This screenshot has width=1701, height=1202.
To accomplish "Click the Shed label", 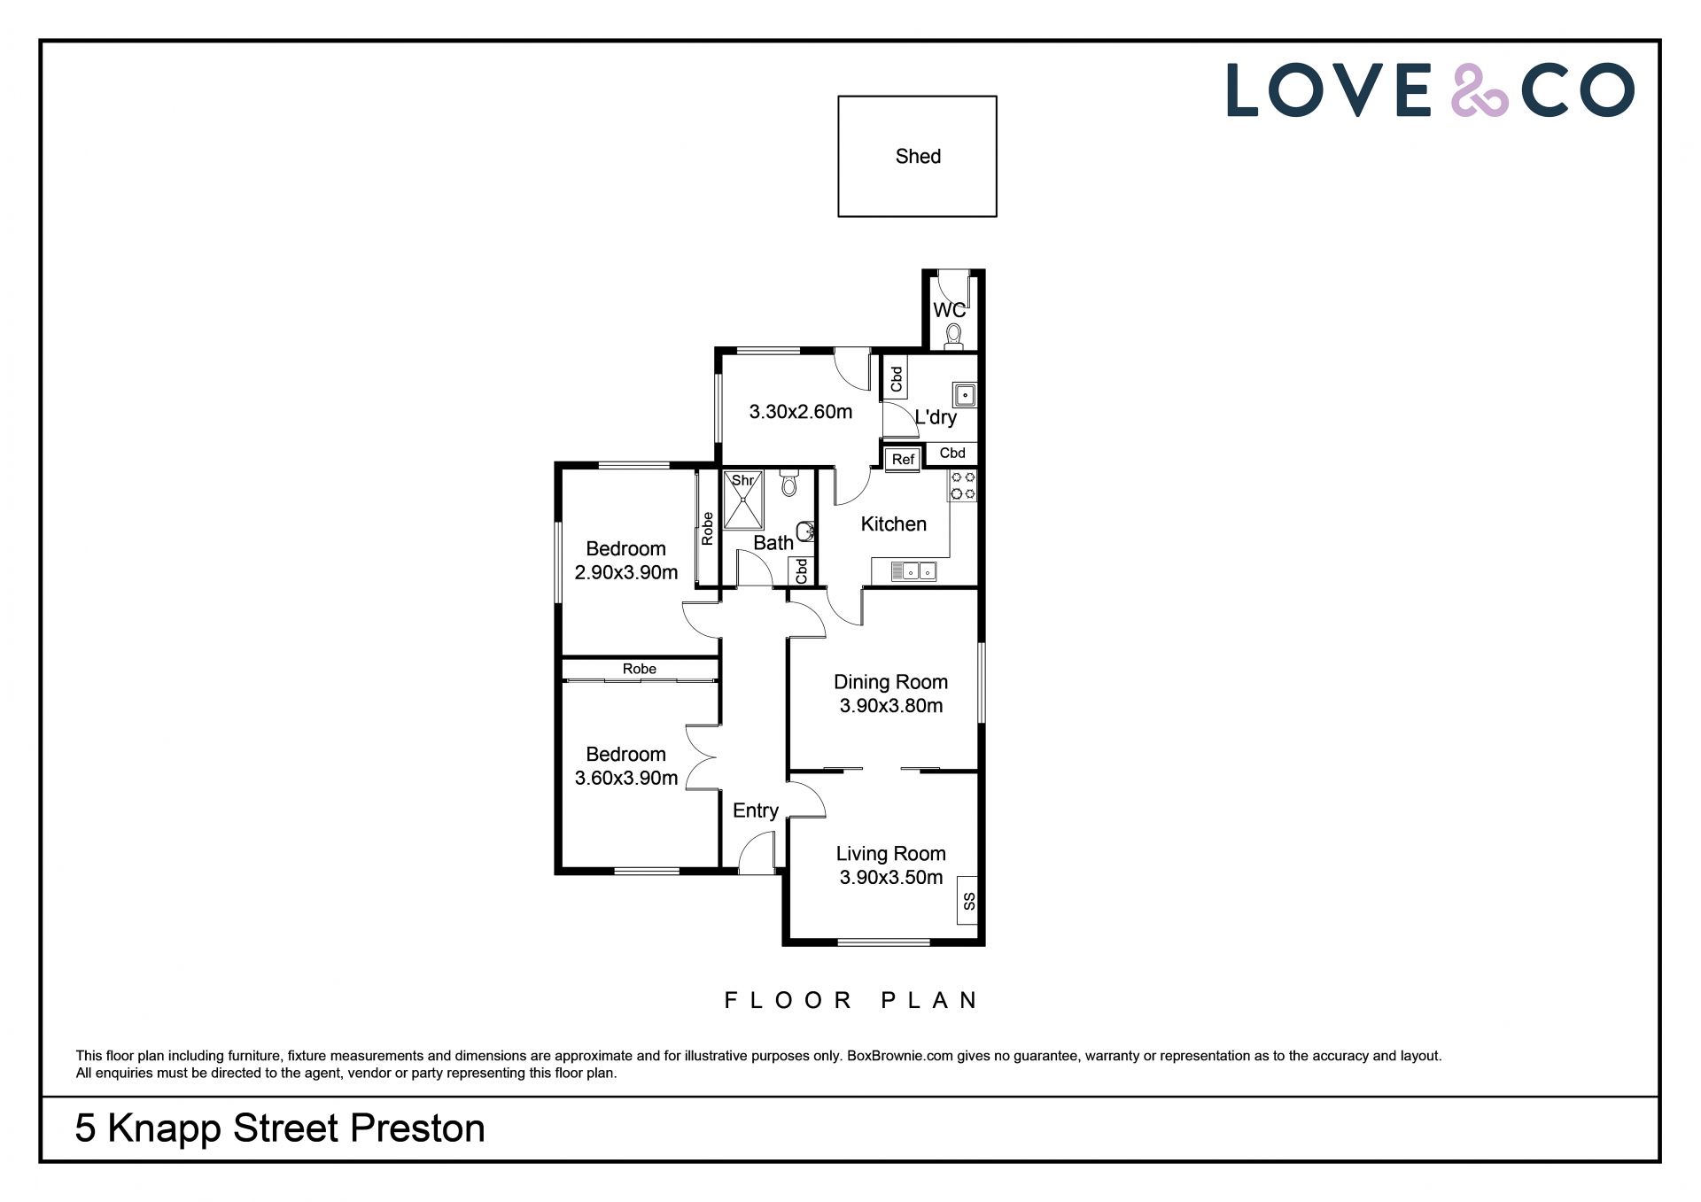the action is (918, 157).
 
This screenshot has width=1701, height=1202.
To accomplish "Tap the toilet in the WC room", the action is (953, 337).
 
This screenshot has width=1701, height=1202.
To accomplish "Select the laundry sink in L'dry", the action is (964, 394).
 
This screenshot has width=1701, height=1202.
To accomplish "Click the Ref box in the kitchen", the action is (903, 459).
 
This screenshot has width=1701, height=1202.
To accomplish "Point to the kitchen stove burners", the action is (963, 485).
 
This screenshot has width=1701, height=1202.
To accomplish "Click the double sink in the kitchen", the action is (913, 571).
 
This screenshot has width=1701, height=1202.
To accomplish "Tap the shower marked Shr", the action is (742, 500).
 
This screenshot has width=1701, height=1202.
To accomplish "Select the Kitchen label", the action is (894, 524).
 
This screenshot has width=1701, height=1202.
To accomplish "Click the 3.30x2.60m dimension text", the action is (801, 412).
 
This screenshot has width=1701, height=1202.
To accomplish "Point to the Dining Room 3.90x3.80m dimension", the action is (891, 706).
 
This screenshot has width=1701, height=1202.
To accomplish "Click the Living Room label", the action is (891, 854).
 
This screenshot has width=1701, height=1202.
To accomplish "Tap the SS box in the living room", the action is (968, 902).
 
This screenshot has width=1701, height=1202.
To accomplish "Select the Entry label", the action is (756, 810).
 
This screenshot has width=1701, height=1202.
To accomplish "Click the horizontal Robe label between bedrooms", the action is (640, 669).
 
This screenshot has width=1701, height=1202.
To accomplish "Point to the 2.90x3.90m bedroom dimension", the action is (626, 573).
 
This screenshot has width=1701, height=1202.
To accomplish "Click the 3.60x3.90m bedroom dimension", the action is (626, 779).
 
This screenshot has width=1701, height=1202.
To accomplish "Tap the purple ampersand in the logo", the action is (1479, 90).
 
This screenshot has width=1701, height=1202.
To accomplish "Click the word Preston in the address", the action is (417, 1128).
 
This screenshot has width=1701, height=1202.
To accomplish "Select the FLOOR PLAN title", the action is (850, 1001).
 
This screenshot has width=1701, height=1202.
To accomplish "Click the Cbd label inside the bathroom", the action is (802, 571).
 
